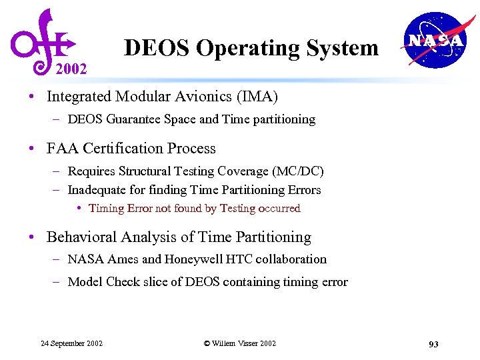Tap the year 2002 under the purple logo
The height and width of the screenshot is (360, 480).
point(71,69)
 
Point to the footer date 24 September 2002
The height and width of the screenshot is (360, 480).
point(71,343)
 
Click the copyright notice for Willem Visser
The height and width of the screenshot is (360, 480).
point(240,343)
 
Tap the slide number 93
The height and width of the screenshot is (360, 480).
point(433,344)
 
